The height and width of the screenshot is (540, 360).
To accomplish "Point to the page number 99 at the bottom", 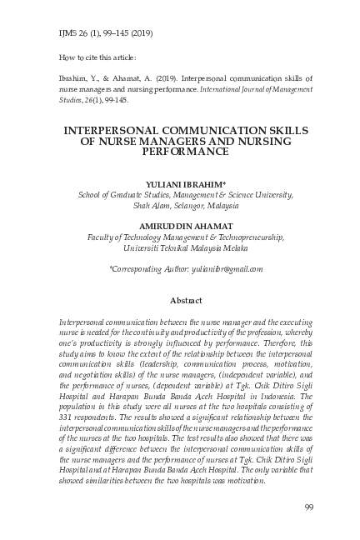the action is tap(308, 508).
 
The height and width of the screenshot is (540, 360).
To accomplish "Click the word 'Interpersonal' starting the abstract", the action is tap(84, 321).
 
